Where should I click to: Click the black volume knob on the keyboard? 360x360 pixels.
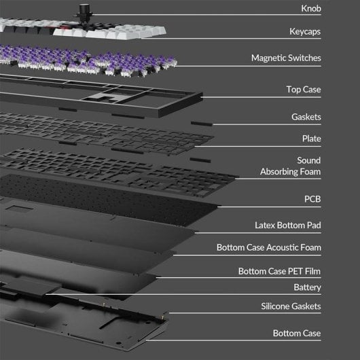83,12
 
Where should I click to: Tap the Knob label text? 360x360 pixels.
311,9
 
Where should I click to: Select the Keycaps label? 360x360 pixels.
305,32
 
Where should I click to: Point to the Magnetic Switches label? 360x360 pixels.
286,58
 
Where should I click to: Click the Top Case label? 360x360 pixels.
304,89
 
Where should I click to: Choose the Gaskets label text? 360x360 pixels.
306,117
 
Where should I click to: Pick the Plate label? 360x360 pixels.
311,139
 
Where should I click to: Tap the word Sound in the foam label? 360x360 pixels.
308,160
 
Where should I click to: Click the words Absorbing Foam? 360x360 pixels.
290,171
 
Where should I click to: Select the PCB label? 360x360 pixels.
312,199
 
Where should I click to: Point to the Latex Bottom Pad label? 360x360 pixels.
288,226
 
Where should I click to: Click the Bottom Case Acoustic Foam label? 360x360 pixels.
268,247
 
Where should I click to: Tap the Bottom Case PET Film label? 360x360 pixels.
279,271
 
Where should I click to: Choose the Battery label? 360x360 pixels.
307,287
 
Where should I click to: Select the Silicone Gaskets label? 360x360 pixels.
291,306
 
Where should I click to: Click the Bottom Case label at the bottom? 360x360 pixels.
297,333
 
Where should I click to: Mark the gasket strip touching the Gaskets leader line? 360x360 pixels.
202,124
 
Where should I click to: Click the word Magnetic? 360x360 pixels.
268,58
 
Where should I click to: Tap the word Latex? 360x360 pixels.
265,226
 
